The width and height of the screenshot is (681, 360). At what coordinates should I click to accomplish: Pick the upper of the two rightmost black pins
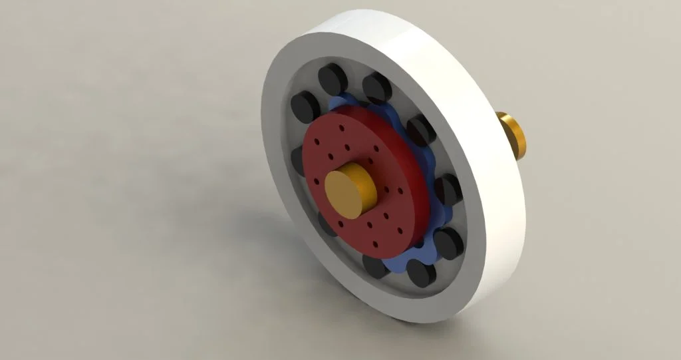(448, 189)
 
